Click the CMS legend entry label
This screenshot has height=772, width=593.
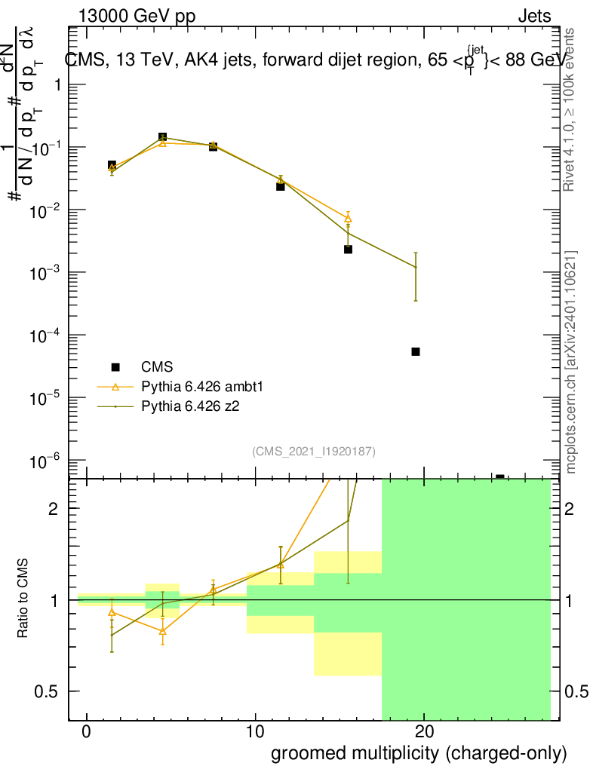point(157,367)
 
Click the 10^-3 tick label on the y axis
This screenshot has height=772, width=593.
point(47,272)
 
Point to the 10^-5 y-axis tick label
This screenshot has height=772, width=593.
point(47,397)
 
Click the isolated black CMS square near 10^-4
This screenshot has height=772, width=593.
point(415,351)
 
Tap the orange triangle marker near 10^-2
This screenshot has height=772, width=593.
point(348,219)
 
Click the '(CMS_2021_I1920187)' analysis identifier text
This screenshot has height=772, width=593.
point(314,451)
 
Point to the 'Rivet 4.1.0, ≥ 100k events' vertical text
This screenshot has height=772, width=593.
point(570,109)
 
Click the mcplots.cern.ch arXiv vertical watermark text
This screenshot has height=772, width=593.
point(571,362)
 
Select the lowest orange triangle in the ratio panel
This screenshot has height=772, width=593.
point(162,630)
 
